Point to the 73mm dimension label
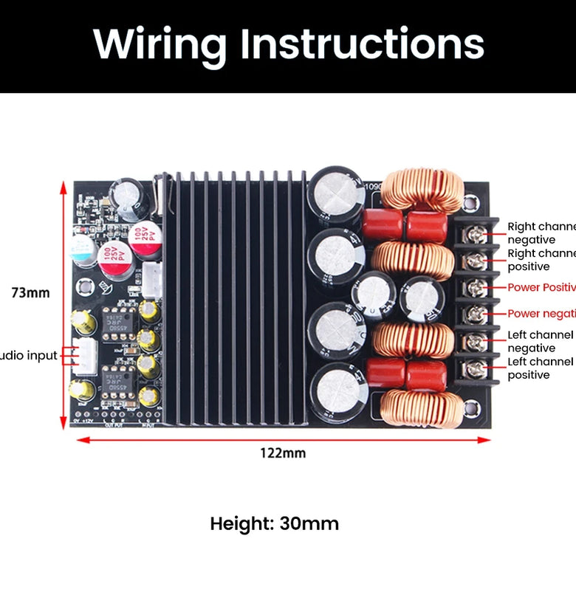[31, 293]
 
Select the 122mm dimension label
[283, 453]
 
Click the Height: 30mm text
[275, 524]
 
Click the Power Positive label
[541, 287]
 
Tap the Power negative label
[541, 314]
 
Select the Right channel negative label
[541, 233]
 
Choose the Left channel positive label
[540, 368]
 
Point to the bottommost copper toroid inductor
[417, 407]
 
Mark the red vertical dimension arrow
[64, 303]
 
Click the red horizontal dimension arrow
[283, 439]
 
